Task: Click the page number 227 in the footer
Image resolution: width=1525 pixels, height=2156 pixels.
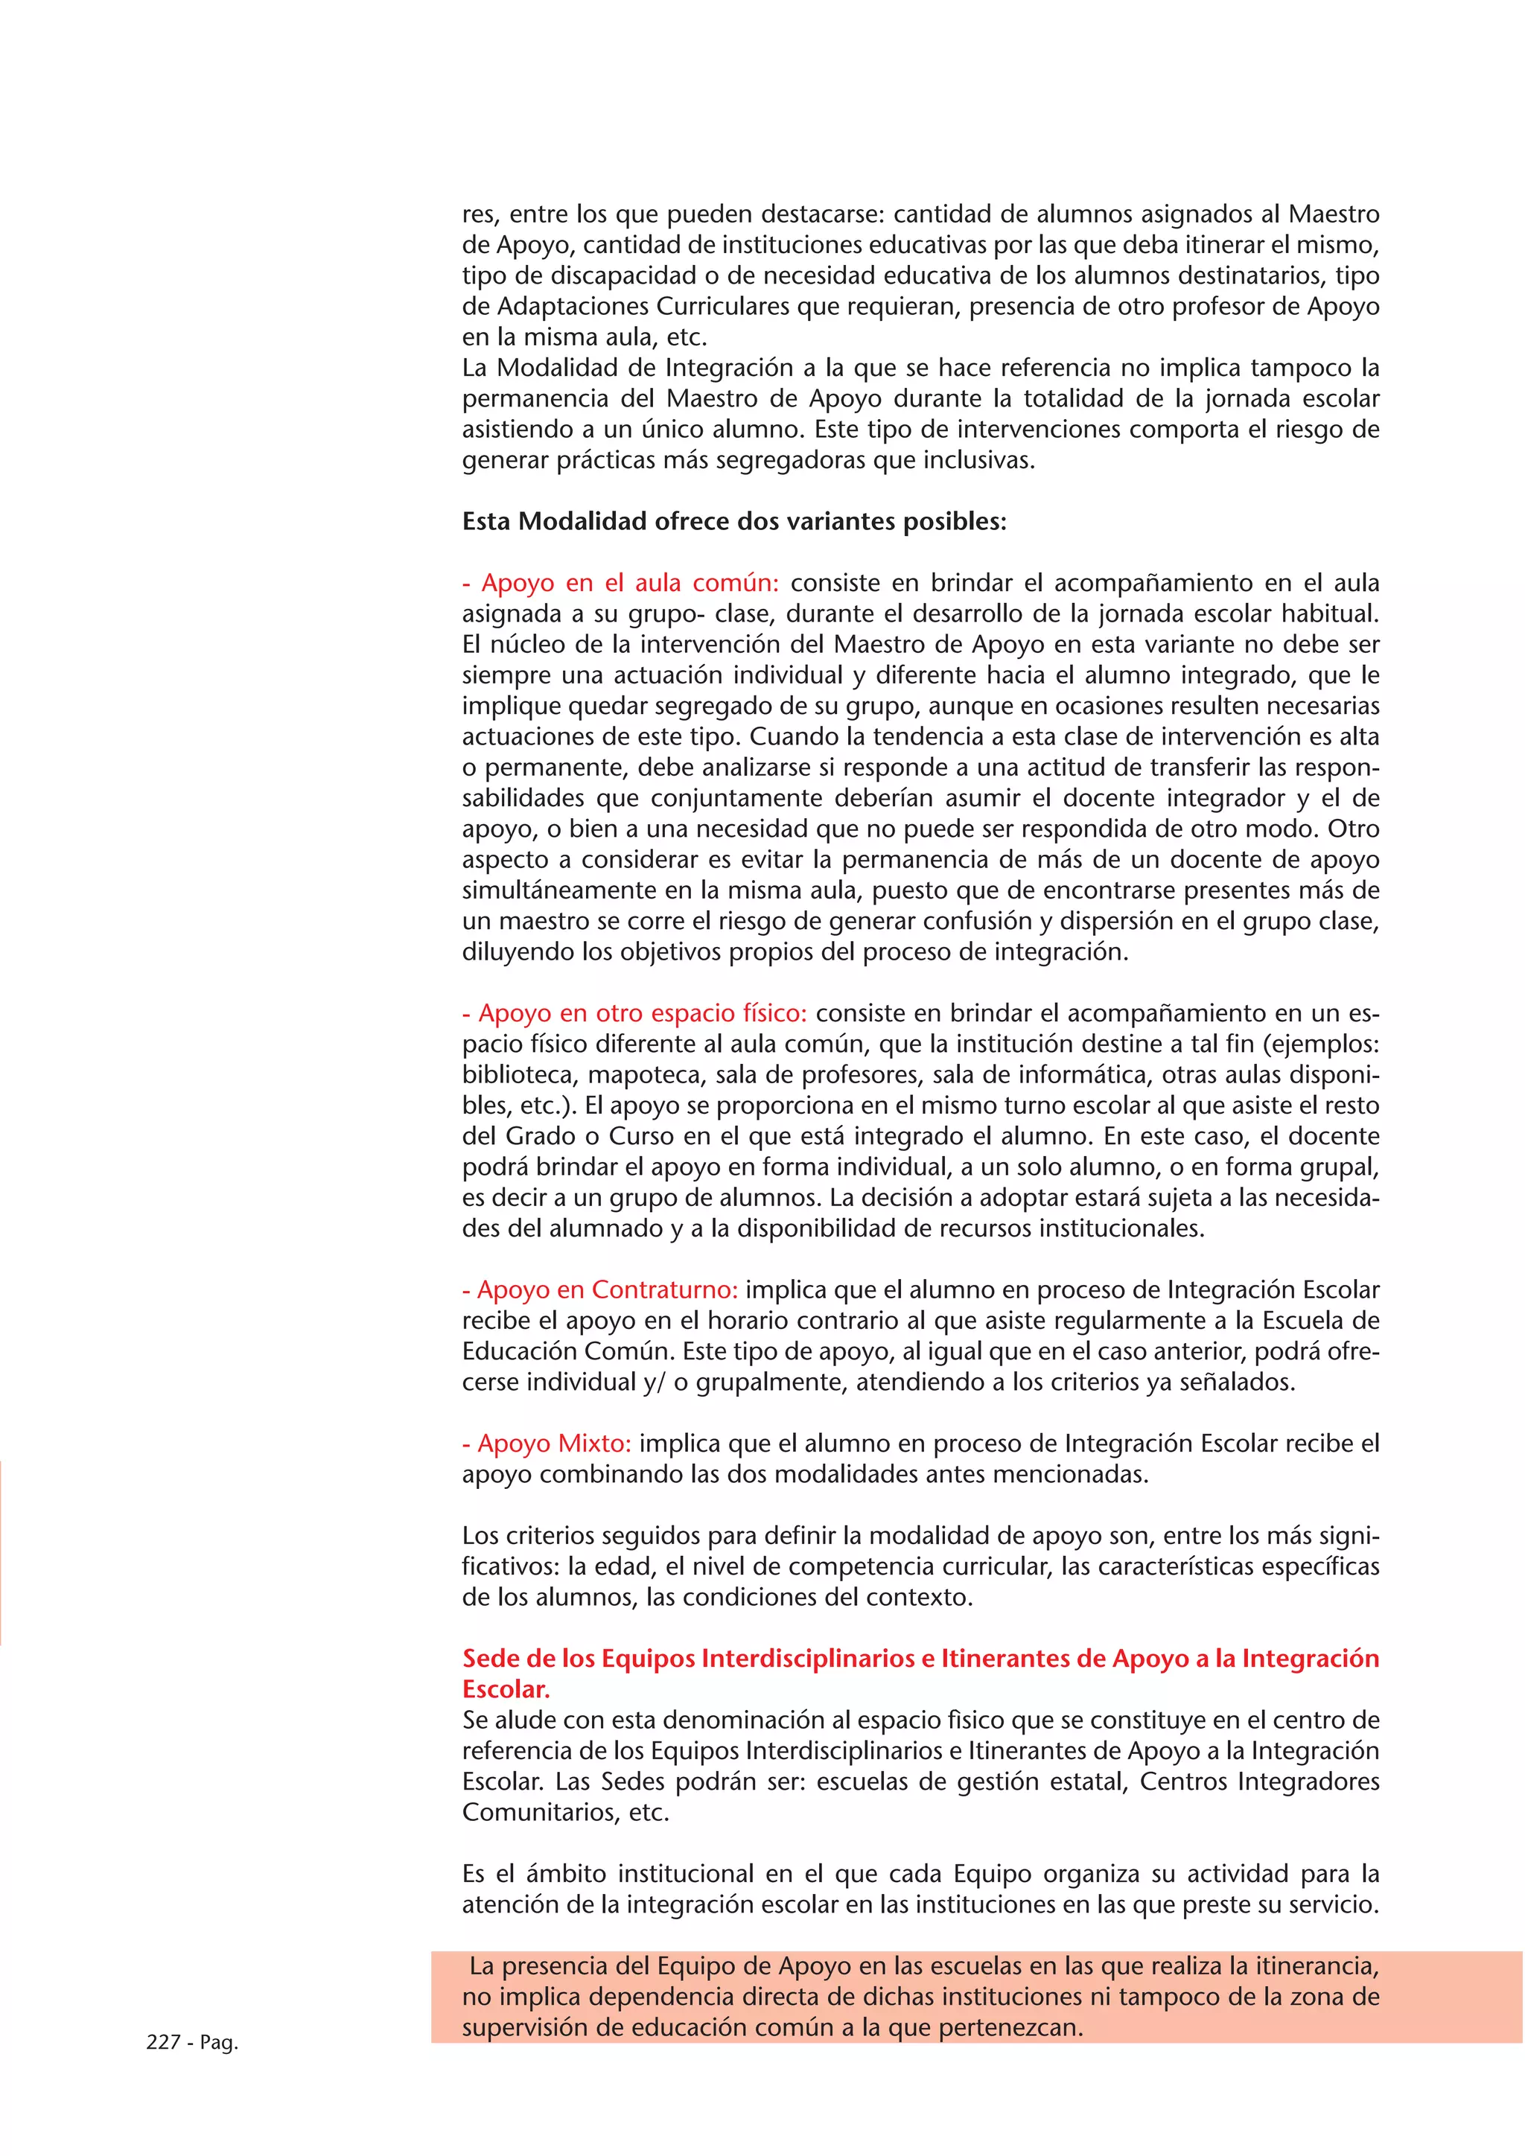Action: point(162,2042)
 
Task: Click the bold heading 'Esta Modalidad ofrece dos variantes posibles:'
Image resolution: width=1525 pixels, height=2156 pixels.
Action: point(733,521)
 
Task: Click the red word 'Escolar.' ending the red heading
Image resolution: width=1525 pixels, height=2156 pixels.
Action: point(506,1689)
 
